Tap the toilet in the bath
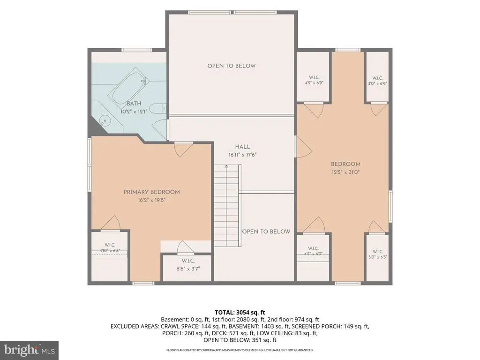[159, 109]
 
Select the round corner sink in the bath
[105, 120]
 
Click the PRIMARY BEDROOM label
[151, 192]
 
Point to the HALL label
[242, 147]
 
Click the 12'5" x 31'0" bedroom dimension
[345, 172]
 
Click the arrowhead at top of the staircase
[226, 166]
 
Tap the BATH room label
[134, 104]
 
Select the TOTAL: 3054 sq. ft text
[240, 313]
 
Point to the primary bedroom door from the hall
[184, 150]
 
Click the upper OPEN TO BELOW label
[232, 66]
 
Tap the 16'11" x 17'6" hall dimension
[242, 155]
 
